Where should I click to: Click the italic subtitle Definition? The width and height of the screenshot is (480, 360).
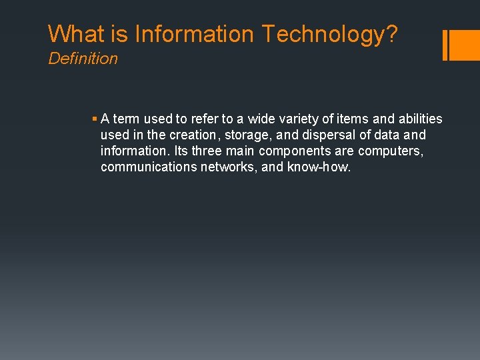(83, 59)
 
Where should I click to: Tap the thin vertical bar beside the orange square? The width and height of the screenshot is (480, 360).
(445, 45)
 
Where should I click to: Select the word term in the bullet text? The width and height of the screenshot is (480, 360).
(126, 119)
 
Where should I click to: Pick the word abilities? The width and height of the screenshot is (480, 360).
(417, 119)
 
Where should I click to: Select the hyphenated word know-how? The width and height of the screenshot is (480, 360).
(319, 167)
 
